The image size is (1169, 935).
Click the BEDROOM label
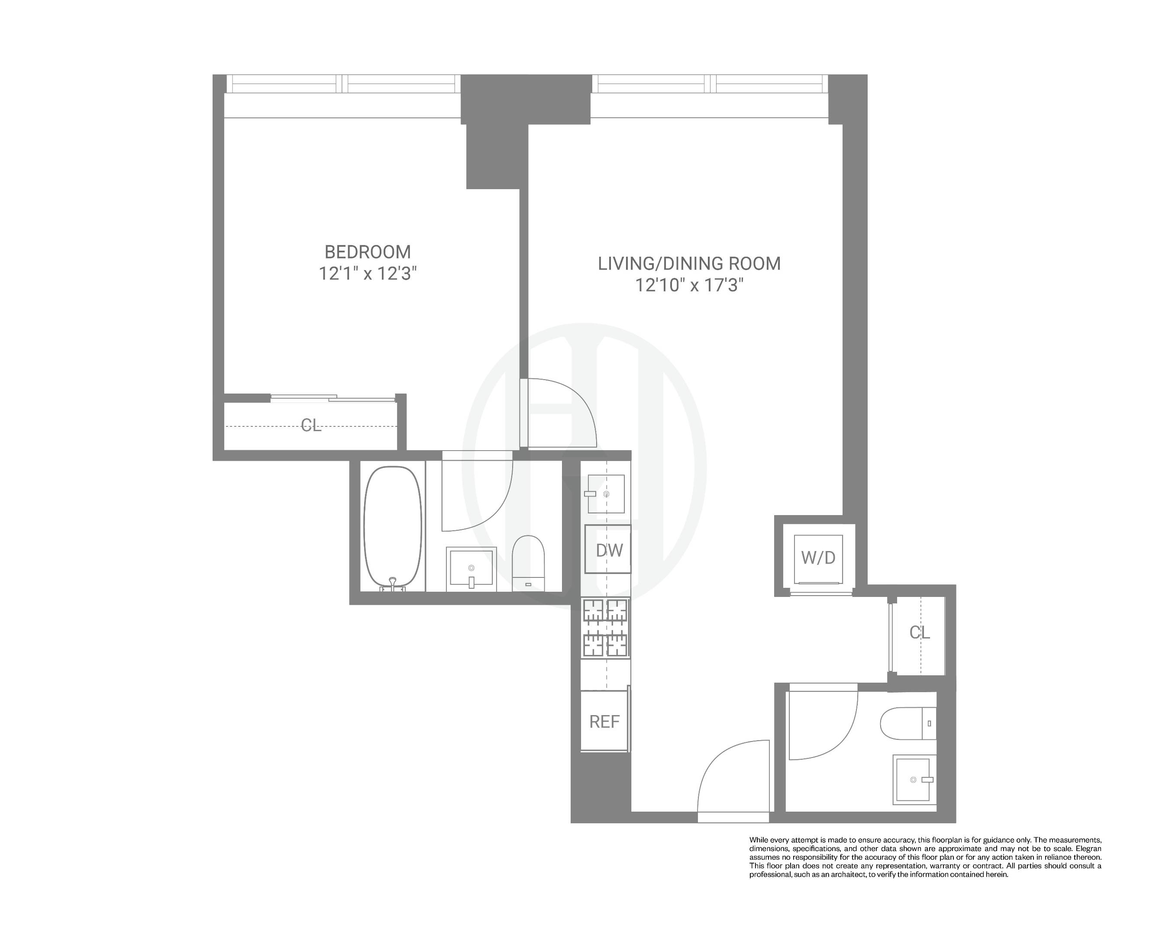(x=368, y=252)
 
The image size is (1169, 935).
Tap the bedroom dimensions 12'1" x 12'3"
(x=368, y=274)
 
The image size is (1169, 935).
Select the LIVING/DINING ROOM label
(x=689, y=264)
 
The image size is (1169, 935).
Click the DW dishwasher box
(x=608, y=550)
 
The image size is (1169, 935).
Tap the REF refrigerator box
(x=604, y=722)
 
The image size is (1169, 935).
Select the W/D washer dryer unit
(x=817, y=557)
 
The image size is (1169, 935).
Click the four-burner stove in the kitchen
(x=606, y=628)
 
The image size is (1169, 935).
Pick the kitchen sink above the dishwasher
(x=606, y=494)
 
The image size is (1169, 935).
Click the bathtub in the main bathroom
(x=393, y=527)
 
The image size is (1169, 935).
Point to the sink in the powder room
(x=914, y=780)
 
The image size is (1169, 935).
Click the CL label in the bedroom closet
(x=311, y=426)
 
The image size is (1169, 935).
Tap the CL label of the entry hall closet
(x=920, y=632)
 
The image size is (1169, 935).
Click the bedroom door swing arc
(x=567, y=412)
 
